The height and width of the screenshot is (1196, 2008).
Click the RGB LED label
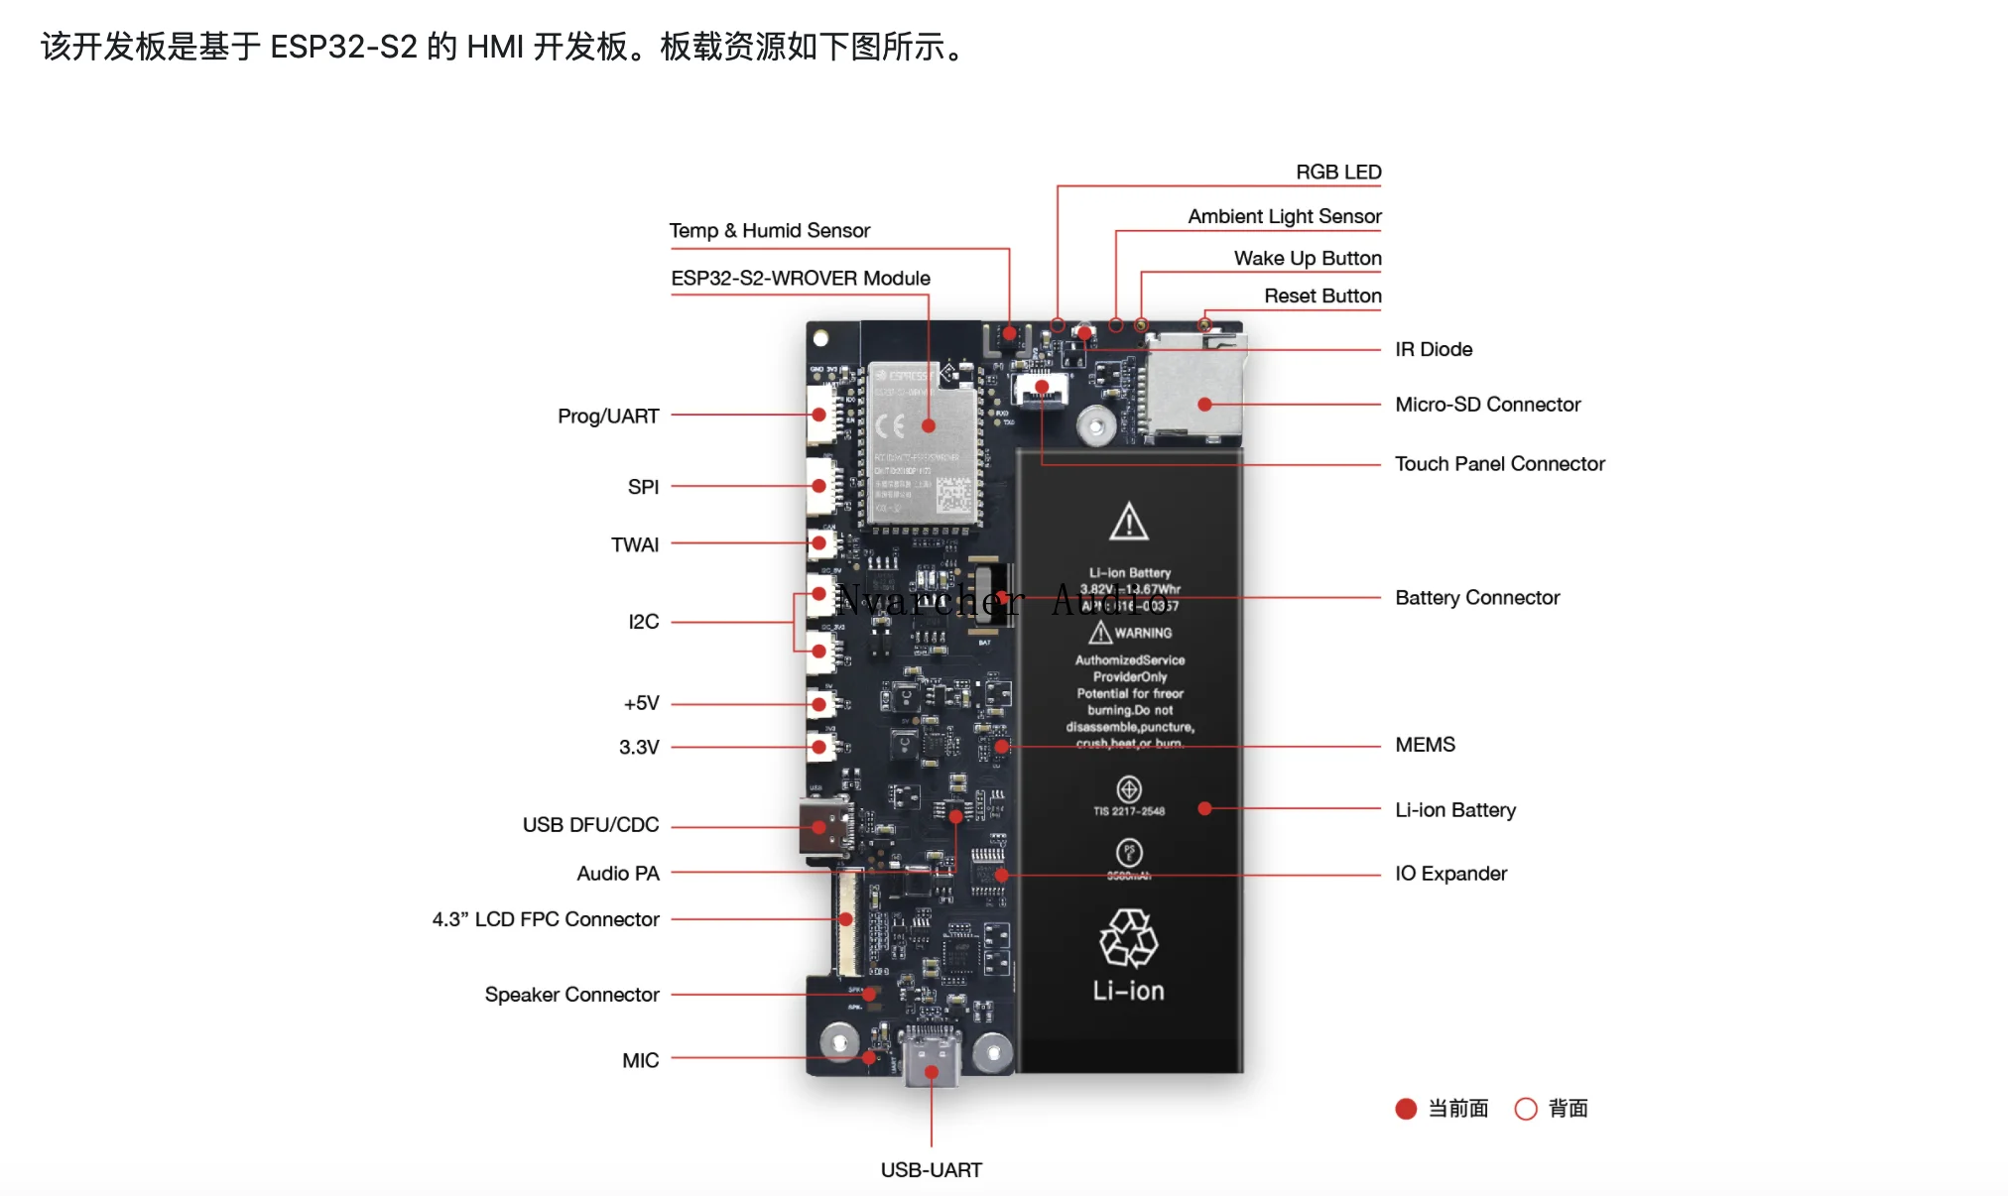tap(1338, 173)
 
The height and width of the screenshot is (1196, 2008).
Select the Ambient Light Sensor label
tap(1285, 216)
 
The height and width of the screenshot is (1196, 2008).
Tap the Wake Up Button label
tap(1308, 259)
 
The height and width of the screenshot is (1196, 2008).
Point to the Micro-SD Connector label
tap(1487, 405)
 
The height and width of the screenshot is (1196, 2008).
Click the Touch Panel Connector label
tap(1499, 464)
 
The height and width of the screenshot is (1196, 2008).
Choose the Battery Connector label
tap(1477, 598)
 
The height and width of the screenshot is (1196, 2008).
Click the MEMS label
tap(1425, 745)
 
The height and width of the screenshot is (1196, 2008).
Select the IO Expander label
tap(1450, 874)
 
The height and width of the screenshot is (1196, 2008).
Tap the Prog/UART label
tap(608, 417)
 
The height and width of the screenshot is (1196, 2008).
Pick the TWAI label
tap(635, 545)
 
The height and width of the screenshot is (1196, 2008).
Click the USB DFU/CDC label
tap(590, 825)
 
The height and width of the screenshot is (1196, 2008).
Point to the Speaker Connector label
tap(571, 995)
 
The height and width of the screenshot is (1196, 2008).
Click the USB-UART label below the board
tap(931, 1170)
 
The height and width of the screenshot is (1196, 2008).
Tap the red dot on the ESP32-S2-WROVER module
tap(929, 426)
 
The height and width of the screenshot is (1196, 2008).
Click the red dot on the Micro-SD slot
tap(1204, 405)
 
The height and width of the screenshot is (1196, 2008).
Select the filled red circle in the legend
tap(1406, 1109)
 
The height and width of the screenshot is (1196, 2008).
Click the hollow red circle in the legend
tap(1526, 1109)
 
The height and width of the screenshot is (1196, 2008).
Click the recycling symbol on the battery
tap(1128, 938)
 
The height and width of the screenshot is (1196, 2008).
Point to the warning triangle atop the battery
tap(1129, 522)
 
